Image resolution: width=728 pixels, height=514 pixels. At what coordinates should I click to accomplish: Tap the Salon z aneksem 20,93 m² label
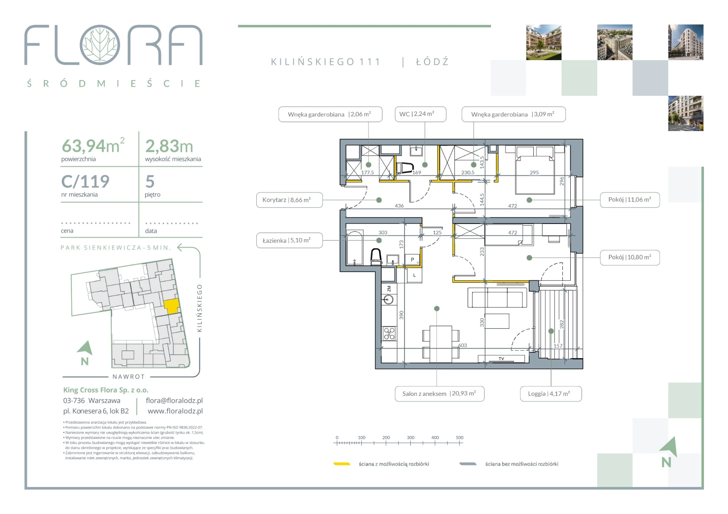click(440, 394)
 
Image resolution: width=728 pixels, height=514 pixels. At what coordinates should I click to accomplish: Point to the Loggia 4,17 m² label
click(551, 394)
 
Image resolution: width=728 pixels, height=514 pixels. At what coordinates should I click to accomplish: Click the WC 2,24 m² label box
click(420, 114)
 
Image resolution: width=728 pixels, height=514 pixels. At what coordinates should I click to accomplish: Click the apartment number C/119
click(85, 181)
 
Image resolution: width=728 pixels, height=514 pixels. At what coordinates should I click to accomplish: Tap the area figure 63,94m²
click(93, 146)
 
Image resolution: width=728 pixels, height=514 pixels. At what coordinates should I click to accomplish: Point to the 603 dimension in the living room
click(462, 345)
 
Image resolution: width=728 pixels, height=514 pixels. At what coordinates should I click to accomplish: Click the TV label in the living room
click(501, 358)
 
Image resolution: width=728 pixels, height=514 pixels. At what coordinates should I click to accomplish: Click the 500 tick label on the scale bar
click(459, 437)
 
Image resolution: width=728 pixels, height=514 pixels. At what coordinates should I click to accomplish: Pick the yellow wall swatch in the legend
click(342, 464)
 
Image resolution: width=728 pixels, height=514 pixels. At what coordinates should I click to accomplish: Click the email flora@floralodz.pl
click(174, 401)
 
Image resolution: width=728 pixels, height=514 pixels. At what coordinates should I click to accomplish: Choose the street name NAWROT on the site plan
click(129, 377)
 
